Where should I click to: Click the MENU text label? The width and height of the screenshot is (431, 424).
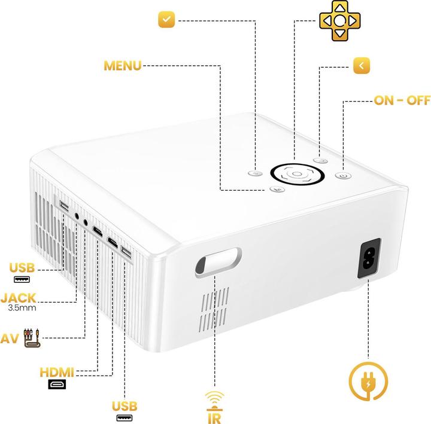(123, 65)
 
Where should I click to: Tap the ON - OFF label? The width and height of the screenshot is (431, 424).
(402, 100)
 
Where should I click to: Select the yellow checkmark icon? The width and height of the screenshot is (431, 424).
(166, 20)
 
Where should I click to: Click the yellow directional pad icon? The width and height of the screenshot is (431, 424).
(339, 20)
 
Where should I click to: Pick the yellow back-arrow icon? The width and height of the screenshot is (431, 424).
(361, 65)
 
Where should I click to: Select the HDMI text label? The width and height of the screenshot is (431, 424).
(57, 373)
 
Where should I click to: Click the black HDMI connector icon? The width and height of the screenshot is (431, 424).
(57, 385)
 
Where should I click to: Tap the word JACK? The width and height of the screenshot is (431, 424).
(19, 297)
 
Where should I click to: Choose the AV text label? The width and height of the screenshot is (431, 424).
(10, 338)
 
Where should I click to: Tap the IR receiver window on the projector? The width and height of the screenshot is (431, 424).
(217, 263)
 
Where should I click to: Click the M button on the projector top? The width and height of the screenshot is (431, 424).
(277, 189)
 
